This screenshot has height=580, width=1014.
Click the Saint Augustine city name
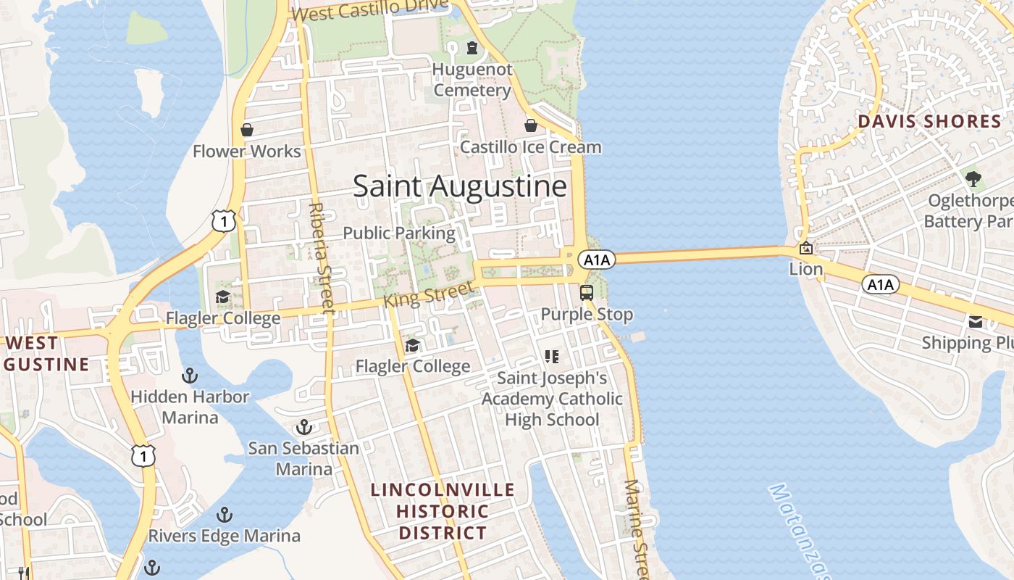pyautogui.click(x=460, y=187)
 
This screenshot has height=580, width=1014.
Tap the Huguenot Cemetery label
pyautogui.click(x=472, y=80)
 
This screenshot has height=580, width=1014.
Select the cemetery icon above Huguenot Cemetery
pyautogui.click(x=472, y=49)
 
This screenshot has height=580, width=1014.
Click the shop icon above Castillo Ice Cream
pyautogui.click(x=531, y=125)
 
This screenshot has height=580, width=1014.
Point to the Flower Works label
pyautogui.click(x=246, y=152)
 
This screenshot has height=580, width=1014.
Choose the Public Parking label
pyautogui.click(x=399, y=233)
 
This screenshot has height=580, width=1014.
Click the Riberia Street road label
pyautogui.click(x=319, y=257)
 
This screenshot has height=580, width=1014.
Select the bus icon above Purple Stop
pyautogui.click(x=587, y=293)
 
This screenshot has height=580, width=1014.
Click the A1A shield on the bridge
pyautogui.click(x=598, y=260)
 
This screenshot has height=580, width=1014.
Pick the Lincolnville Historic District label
pyautogui.click(x=443, y=511)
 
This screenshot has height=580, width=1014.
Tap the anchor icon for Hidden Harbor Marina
pyautogui.click(x=189, y=376)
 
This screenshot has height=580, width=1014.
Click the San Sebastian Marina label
pyautogui.click(x=304, y=458)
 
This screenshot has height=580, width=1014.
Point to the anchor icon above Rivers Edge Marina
pyautogui.click(x=225, y=515)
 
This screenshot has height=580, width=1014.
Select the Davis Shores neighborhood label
pyautogui.click(x=929, y=122)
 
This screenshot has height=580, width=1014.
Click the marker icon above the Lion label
pyautogui.click(x=805, y=248)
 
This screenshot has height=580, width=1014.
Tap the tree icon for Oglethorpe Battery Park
pyautogui.click(x=973, y=178)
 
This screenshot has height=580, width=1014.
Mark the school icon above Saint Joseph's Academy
pyautogui.click(x=552, y=356)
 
